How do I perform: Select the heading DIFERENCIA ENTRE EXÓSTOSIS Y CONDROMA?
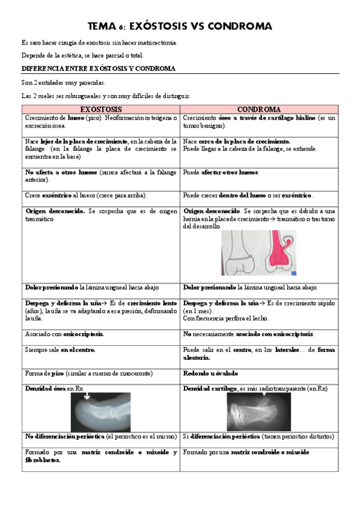click(x=98, y=69)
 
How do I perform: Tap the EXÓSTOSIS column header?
click(x=101, y=109)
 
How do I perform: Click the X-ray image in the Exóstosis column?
click(x=109, y=412)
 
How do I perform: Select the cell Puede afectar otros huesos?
click(x=221, y=173)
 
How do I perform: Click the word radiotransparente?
click(x=282, y=389)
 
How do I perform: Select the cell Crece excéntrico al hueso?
click(x=86, y=195)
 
